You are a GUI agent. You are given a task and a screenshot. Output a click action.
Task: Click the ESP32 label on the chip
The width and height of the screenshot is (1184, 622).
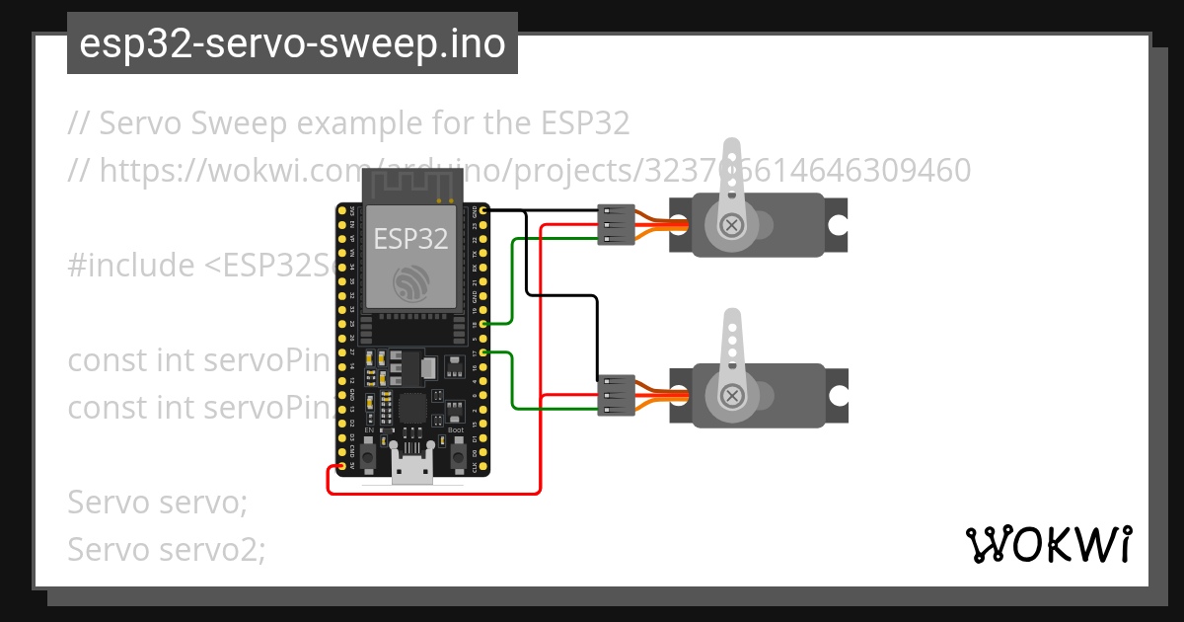pos(410,238)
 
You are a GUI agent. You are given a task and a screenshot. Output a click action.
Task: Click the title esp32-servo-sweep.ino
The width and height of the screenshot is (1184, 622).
pos(292,43)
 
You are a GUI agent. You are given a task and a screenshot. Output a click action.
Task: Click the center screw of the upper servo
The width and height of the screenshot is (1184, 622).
pos(732,225)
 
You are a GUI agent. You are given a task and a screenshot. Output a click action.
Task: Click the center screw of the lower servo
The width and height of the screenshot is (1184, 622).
pos(732,396)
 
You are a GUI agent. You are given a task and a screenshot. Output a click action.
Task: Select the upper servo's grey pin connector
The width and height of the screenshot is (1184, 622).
pos(616,225)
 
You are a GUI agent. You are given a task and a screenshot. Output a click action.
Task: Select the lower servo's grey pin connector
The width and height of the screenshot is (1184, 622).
pos(616,395)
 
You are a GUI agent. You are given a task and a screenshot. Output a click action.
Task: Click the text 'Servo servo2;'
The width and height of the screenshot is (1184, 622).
pos(167,549)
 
